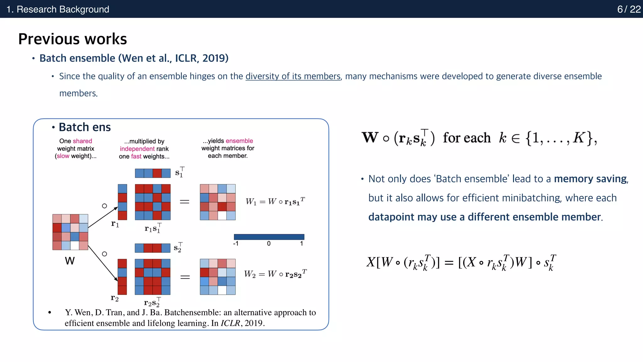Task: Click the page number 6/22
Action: tap(629, 9)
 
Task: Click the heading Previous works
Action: tap(73, 39)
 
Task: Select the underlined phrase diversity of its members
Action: tap(293, 76)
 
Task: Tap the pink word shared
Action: tap(82, 141)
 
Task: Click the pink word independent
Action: tap(137, 149)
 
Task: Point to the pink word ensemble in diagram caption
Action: tap(239, 141)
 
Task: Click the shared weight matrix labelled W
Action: tap(70, 232)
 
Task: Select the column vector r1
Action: tap(122, 202)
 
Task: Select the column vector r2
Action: tap(122, 277)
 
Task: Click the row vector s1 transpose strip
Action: tap(153, 173)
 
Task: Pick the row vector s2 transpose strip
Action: tap(153, 248)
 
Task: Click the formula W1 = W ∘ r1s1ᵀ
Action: tap(275, 201)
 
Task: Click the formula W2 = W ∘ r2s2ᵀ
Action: tap(275, 274)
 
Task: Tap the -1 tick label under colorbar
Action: tap(236, 244)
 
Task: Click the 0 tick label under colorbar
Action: tap(269, 244)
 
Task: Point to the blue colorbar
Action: tap(269, 237)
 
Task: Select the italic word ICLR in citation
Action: tap(230, 323)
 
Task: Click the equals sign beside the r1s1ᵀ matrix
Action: tap(185, 202)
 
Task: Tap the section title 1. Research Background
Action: tap(58, 9)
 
